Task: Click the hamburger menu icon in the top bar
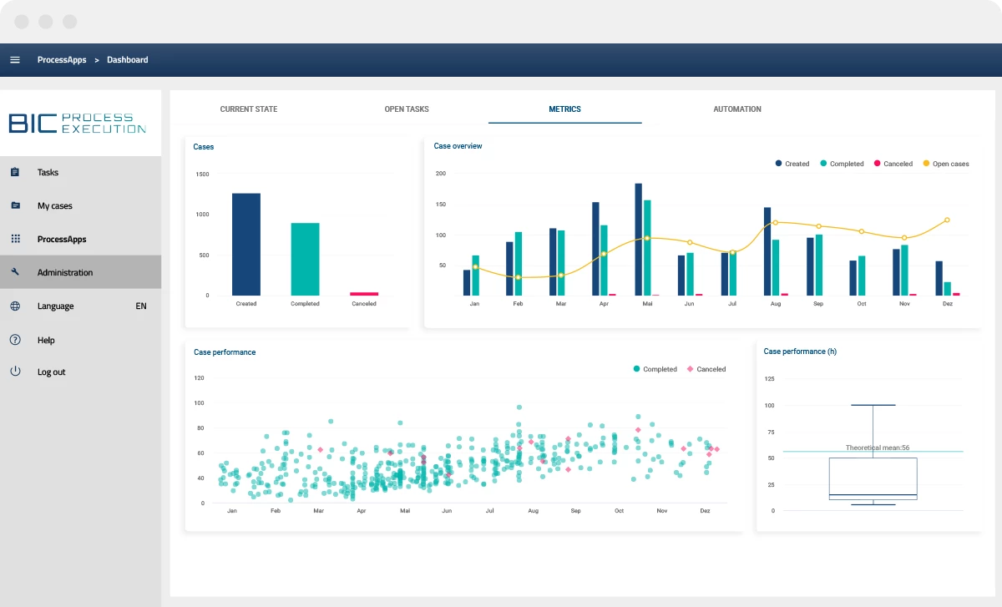coord(15,59)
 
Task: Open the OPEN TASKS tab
coord(406,109)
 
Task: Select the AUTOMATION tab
coord(736,109)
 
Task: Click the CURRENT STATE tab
coord(248,109)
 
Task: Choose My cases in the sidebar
coord(54,205)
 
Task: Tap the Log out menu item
coord(52,372)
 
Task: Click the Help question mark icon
coord(15,340)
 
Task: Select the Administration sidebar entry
coord(65,272)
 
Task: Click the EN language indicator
coord(141,306)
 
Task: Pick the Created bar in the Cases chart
coord(246,245)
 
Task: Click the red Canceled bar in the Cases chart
coord(364,294)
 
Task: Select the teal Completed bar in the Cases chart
coord(305,259)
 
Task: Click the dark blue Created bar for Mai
coord(638,240)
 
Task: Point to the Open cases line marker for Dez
coord(947,220)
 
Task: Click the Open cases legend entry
coord(945,164)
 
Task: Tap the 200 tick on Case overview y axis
coord(441,174)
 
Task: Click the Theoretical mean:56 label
coord(878,448)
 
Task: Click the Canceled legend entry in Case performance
coord(706,369)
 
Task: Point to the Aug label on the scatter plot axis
coord(533,510)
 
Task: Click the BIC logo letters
coord(33,123)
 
